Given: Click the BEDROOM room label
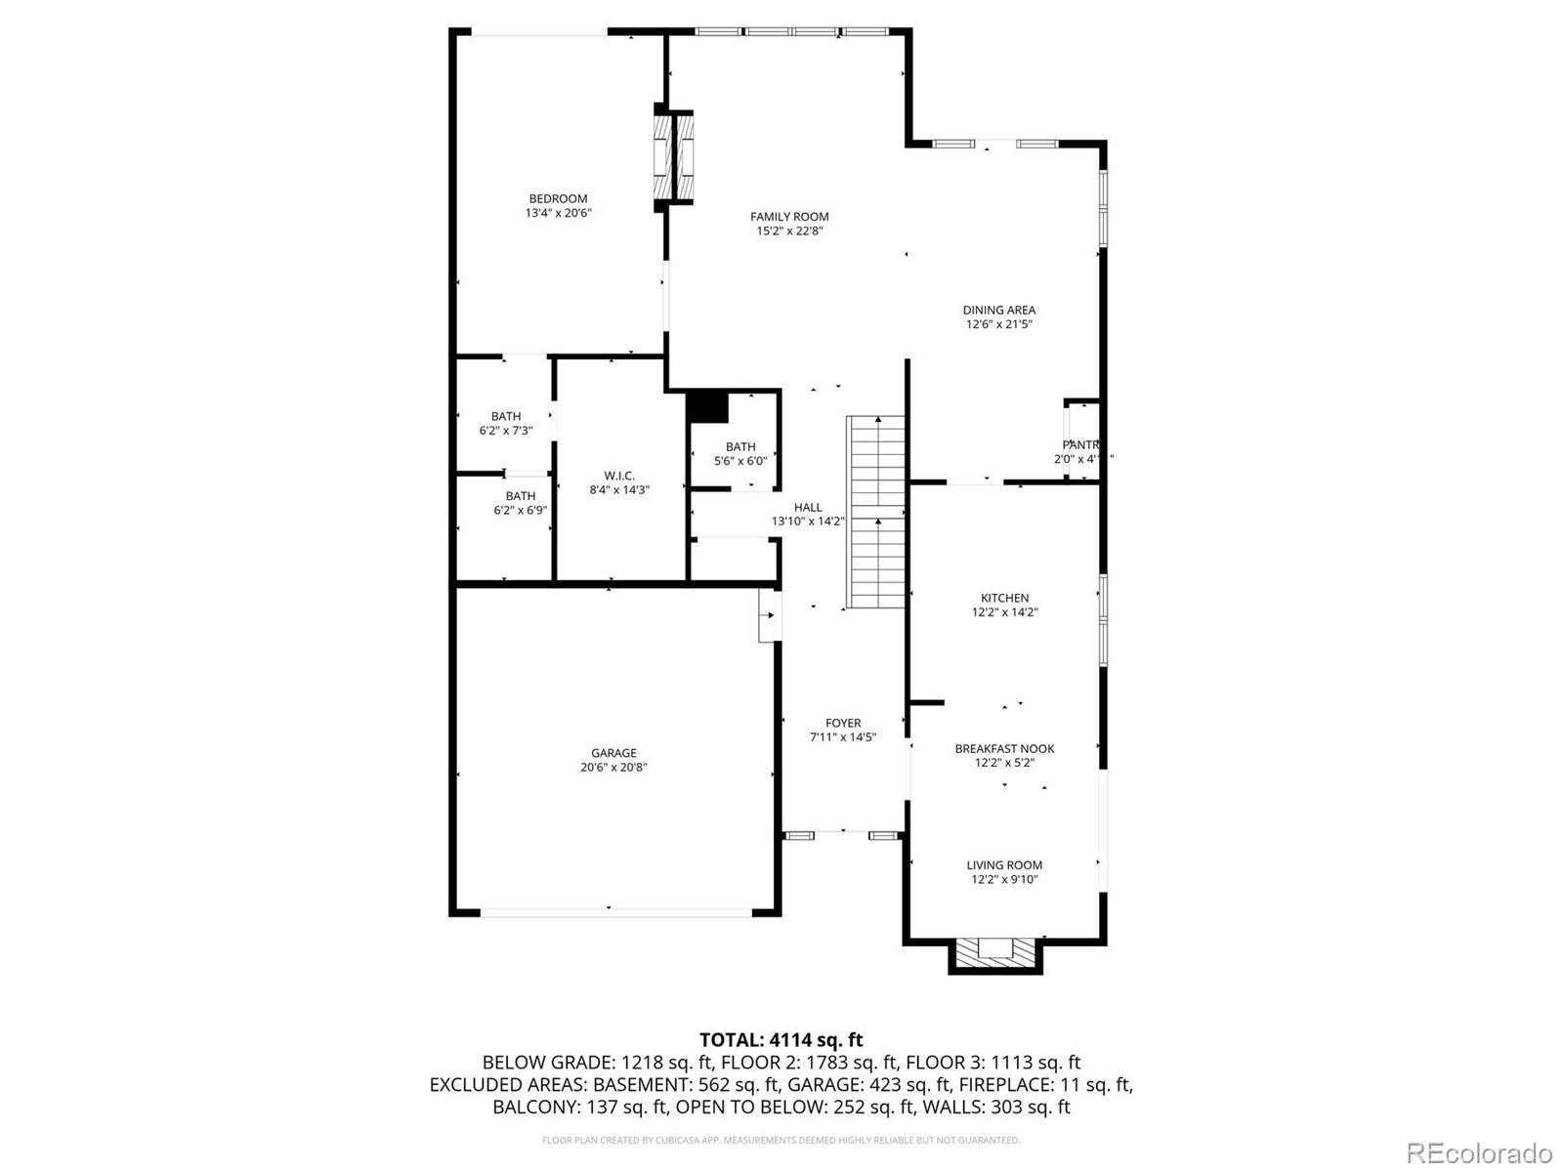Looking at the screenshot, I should [558, 199].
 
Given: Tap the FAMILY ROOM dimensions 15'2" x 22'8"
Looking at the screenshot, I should [789, 231].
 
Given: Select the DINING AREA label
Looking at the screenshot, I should [998, 311].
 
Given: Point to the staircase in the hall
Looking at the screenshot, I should [876, 512].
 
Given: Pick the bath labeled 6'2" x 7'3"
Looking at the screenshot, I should [505, 423].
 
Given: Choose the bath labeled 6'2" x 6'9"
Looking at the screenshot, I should [520, 503].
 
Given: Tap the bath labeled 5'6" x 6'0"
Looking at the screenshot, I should [739, 454].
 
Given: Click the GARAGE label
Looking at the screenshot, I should [613, 753].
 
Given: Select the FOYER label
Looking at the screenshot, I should [842, 724].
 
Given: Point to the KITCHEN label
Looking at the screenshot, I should [1004, 599].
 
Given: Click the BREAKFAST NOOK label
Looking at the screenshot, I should [1004, 749].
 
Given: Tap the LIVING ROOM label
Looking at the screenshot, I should [1004, 865].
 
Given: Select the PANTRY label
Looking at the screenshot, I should [1081, 445].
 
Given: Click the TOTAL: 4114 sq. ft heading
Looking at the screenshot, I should [781, 1040].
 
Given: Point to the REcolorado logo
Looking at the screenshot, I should [1479, 1152].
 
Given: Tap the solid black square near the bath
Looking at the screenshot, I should [707, 406].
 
